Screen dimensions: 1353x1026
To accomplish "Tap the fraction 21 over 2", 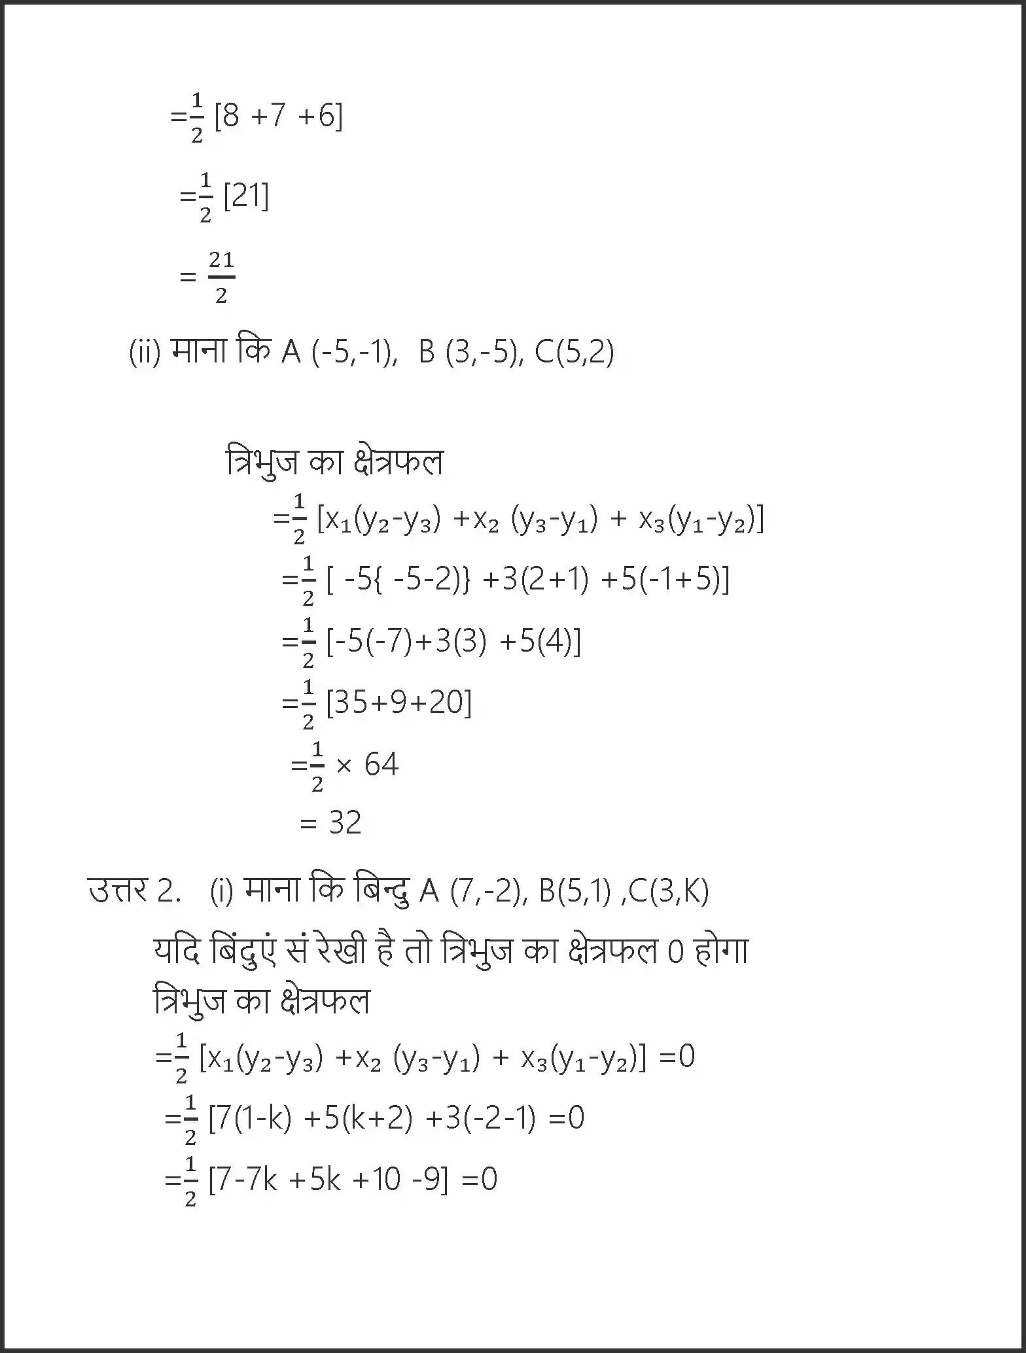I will (221, 277).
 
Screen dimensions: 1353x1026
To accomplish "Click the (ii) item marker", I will (145, 353).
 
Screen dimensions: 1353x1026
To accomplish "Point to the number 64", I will (381, 764).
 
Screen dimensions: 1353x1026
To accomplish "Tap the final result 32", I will (345, 822).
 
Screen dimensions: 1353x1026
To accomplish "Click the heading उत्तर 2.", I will (134, 890).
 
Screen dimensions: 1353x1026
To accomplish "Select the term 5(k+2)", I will (368, 1118).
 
